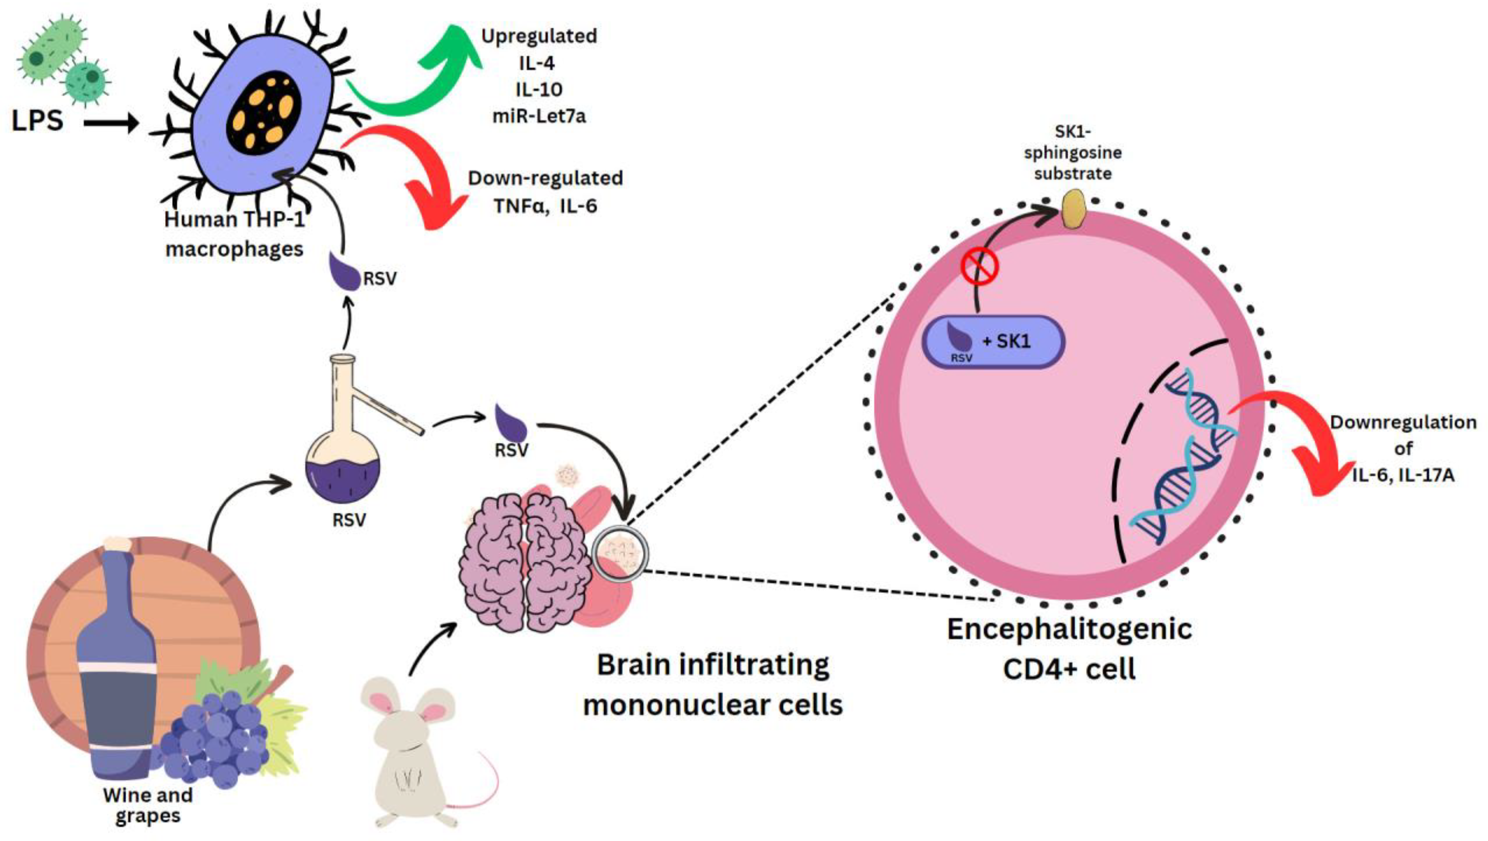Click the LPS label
pos(38,121)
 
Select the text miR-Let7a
pos(539,116)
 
